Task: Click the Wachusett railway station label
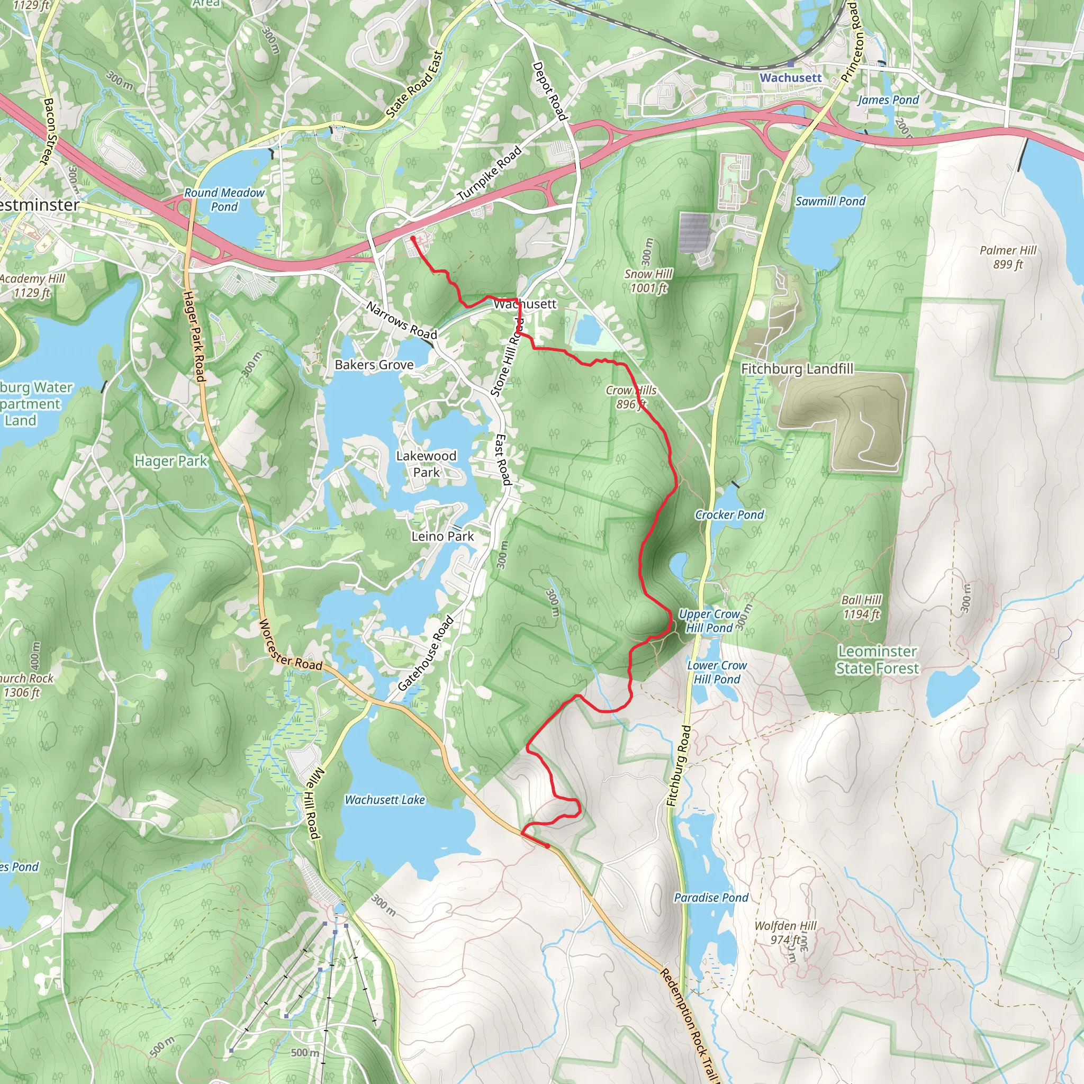790,77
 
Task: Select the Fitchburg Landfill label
797,368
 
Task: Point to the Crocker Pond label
729,514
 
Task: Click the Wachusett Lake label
384,800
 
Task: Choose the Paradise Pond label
711,898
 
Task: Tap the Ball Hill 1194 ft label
861,607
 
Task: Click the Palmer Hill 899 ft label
1008,257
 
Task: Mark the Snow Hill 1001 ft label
648,281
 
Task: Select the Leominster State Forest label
878,660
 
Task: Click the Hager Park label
170,461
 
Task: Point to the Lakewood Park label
427,464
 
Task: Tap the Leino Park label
442,536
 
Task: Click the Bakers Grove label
374,365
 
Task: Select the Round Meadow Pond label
224,199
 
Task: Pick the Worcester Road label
290,646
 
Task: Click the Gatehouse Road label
426,654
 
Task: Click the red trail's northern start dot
413,239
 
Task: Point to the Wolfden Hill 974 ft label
785,933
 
